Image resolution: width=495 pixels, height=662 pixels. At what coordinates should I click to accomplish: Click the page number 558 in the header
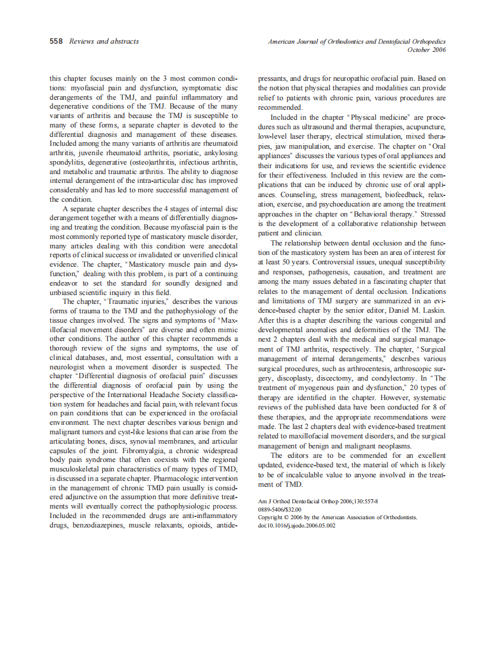[x=57, y=41]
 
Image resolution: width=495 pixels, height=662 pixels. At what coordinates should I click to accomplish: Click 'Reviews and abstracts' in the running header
[x=104, y=41]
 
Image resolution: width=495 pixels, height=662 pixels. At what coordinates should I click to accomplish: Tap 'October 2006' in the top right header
[x=426, y=50]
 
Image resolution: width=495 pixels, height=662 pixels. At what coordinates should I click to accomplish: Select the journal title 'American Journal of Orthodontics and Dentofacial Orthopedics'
[x=357, y=42]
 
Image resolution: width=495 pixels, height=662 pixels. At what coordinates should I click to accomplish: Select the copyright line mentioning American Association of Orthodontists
[x=337, y=517]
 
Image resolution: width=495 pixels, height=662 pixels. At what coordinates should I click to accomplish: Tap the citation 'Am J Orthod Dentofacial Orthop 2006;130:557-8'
[x=318, y=500]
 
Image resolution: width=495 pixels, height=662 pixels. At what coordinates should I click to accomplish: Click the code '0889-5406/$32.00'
[x=280, y=509]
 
